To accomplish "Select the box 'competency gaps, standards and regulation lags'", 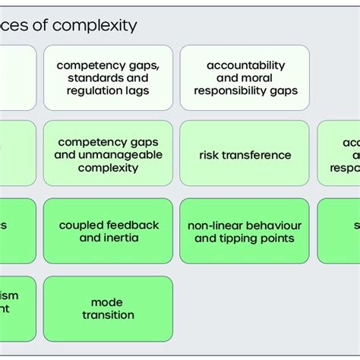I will click(108, 77).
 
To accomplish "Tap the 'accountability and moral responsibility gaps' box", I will click(245, 77).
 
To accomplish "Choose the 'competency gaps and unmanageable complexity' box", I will click(108, 154).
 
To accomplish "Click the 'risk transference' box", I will click(245, 155).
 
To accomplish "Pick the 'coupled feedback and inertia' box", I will click(108, 232).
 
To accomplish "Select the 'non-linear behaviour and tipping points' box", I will click(245, 232).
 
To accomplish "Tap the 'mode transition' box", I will click(108, 308).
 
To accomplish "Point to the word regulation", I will click(94, 90).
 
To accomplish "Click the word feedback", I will click(134, 226).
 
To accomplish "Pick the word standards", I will click(96, 77).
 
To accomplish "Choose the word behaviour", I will click(273, 226).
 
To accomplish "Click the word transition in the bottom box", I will click(108, 315).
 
